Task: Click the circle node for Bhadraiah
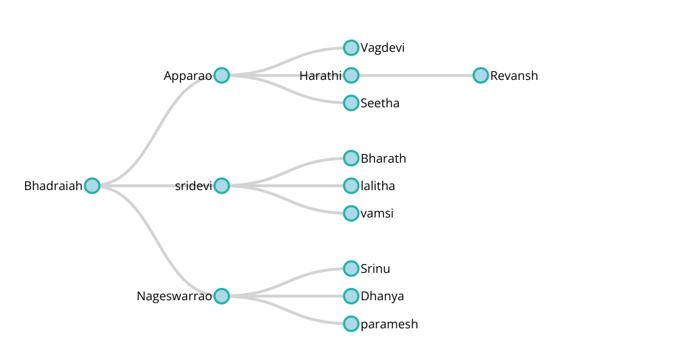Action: (92, 186)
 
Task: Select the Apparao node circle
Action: (222, 76)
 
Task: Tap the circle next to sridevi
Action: (222, 186)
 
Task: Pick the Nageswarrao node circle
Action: (222, 296)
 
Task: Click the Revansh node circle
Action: (481, 76)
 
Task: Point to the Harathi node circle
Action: (351, 76)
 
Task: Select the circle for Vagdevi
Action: (351, 48)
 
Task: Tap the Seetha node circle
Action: (351, 103)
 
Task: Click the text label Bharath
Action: (383, 158)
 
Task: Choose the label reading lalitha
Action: (377, 186)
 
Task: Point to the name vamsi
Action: (376, 214)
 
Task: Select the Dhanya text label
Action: (382, 296)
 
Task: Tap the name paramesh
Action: (389, 324)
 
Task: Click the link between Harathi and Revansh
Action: (416, 76)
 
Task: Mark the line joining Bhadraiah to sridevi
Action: (157, 186)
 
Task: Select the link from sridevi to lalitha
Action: (288, 186)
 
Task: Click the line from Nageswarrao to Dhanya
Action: (288, 296)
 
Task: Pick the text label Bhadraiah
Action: (53, 186)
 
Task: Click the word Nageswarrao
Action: (174, 296)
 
